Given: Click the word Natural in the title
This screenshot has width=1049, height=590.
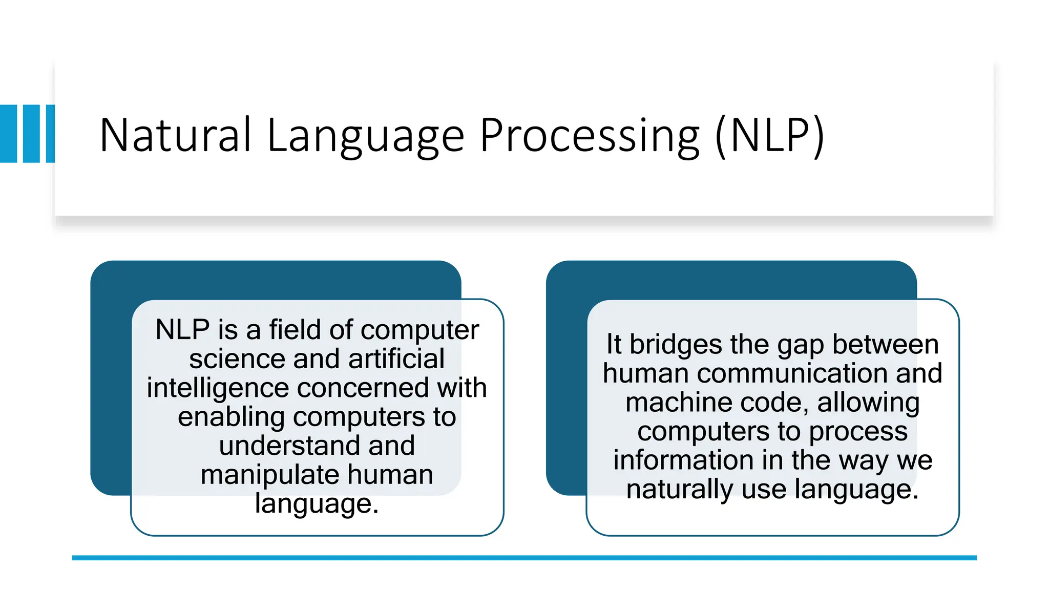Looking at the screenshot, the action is [175, 135].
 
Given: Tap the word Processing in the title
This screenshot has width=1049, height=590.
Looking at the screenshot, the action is [590, 135].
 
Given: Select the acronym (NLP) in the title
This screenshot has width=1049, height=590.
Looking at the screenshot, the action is [769, 135].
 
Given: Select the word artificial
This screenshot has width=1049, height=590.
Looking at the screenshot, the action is [396, 359].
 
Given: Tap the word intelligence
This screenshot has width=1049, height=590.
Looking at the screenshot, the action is [217, 388].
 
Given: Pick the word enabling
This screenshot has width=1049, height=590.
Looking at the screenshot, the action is [230, 417].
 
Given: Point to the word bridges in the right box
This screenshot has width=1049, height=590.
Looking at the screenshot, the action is [676, 344].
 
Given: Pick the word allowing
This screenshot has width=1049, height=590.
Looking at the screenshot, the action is [868, 403].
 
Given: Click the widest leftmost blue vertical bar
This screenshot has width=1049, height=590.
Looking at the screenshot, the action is [9, 134].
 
